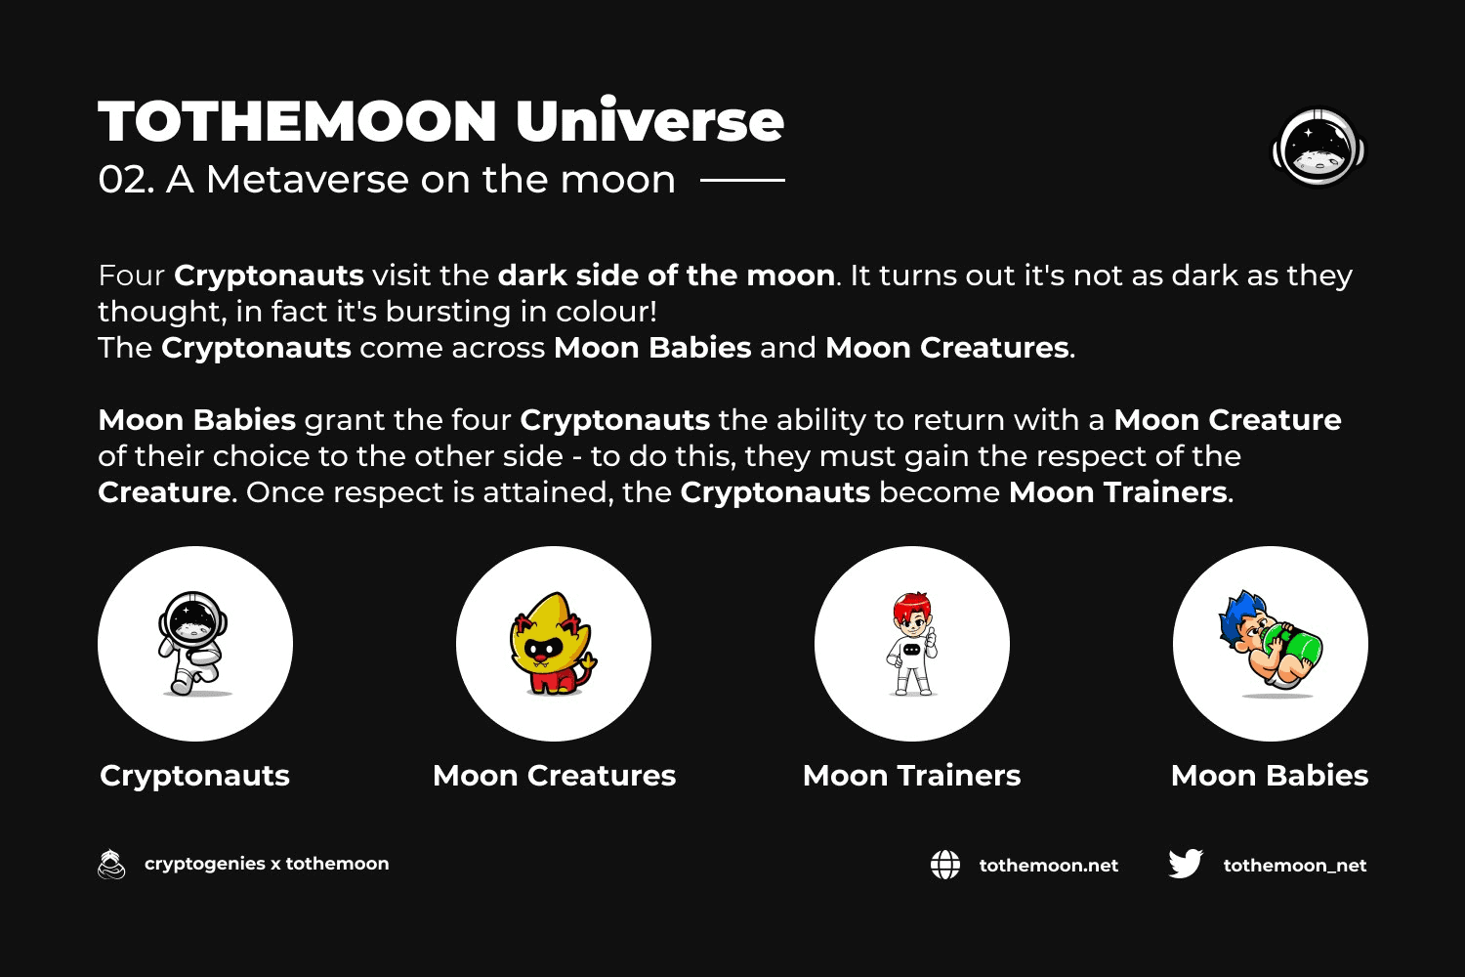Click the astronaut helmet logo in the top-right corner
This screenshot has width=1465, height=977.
click(x=1318, y=148)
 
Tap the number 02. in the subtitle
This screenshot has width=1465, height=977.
click(x=126, y=180)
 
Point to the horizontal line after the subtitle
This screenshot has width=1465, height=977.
click(x=742, y=180)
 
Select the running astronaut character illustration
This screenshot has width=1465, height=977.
click(x=193, y=643)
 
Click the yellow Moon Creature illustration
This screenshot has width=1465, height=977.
click(x=553, y=643)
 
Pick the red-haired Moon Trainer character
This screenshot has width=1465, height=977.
click(x=911, y=643)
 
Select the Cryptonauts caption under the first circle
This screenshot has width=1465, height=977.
click(x=194, y=776)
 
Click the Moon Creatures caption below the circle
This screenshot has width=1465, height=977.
click(x=554, y=776)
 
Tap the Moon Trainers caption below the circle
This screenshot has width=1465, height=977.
click(x=911, y=776)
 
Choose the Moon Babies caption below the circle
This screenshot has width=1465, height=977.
click(x=1270, y=776)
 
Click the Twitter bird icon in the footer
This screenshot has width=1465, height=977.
click(x=1185, y=864)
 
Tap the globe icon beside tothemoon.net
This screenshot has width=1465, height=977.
click(x=945, y=865)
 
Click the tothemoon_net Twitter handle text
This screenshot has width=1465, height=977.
click(x=1295, y=865)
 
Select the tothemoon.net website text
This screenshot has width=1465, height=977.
click(x=1048, y=865)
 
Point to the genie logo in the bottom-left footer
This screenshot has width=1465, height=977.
click(x=111, y=864)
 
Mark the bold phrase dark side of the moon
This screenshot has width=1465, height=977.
click(x=666, y=276)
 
